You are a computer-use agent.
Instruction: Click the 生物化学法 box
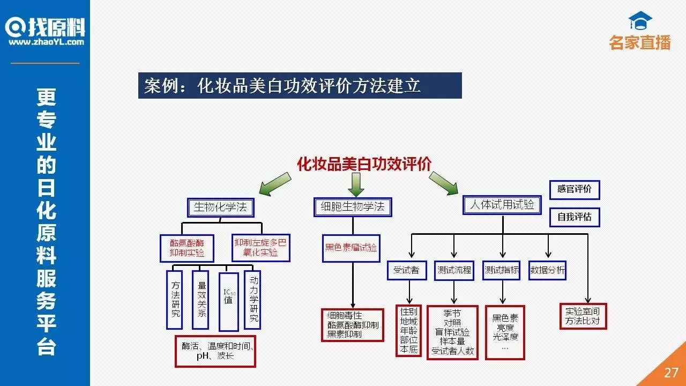pyautogui.click(x=220, y=207)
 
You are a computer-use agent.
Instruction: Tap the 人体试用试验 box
pyautogui.click(x=502, y=205)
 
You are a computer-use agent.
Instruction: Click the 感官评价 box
pyautogui.click(x=575, y=190)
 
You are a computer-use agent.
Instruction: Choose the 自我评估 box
pyautogui.click(x=575, y=217)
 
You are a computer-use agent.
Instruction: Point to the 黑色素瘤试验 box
pyautogui.click(x=351, y=248)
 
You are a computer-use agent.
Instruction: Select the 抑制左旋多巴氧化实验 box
pyautogui.click(x=260, y=248)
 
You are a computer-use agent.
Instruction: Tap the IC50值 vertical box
pyautogui.click(x=228, y=302)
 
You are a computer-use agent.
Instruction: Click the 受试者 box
pyautogui.click(x=406, y=270)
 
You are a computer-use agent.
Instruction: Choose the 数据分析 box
pyautogui.click(x=547, y=270)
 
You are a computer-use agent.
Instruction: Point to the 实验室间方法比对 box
pyautogui.click(x=583, y=316)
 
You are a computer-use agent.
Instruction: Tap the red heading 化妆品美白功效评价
pyautogui.click(x=364, y=164)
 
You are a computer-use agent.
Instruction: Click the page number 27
pyautogui.click(x=671, y=373)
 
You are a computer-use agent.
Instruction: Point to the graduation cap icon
pyautogui.click(x=640, y=22)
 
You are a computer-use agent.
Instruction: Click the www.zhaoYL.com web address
pyautogui.click(x=46, y=42)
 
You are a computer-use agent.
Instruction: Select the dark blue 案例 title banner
pyautogui.click(x=300, y=86)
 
